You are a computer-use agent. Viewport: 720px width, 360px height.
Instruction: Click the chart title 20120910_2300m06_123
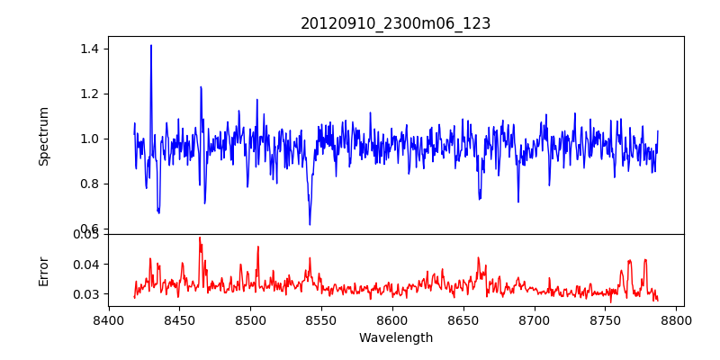[395, 23]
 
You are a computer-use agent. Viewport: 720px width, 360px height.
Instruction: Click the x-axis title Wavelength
[395, 337]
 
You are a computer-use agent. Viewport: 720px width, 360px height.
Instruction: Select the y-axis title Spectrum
[44, 136]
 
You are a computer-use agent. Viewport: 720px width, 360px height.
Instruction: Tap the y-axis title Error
[44, 270]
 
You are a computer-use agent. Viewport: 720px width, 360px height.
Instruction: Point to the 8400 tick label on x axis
[108, 319]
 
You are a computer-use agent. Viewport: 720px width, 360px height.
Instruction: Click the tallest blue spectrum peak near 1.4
[151, 46]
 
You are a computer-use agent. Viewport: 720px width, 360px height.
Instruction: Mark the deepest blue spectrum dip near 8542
[310, 224]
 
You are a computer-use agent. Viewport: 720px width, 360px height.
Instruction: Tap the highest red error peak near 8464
[200, 238]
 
